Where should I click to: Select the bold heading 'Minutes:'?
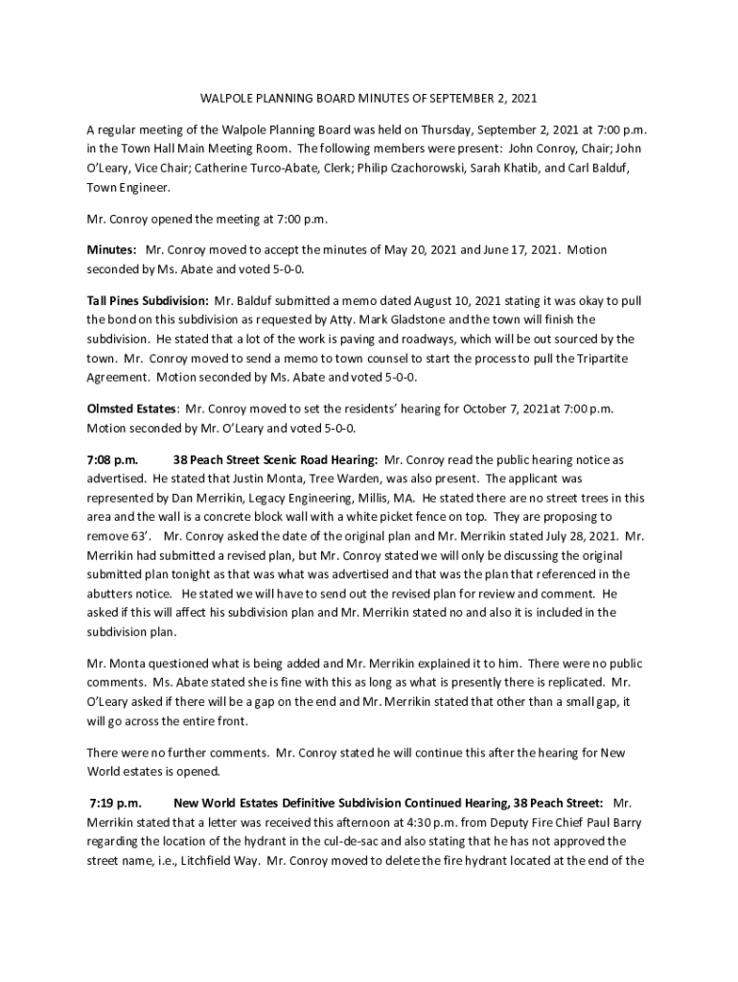[111, 249]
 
